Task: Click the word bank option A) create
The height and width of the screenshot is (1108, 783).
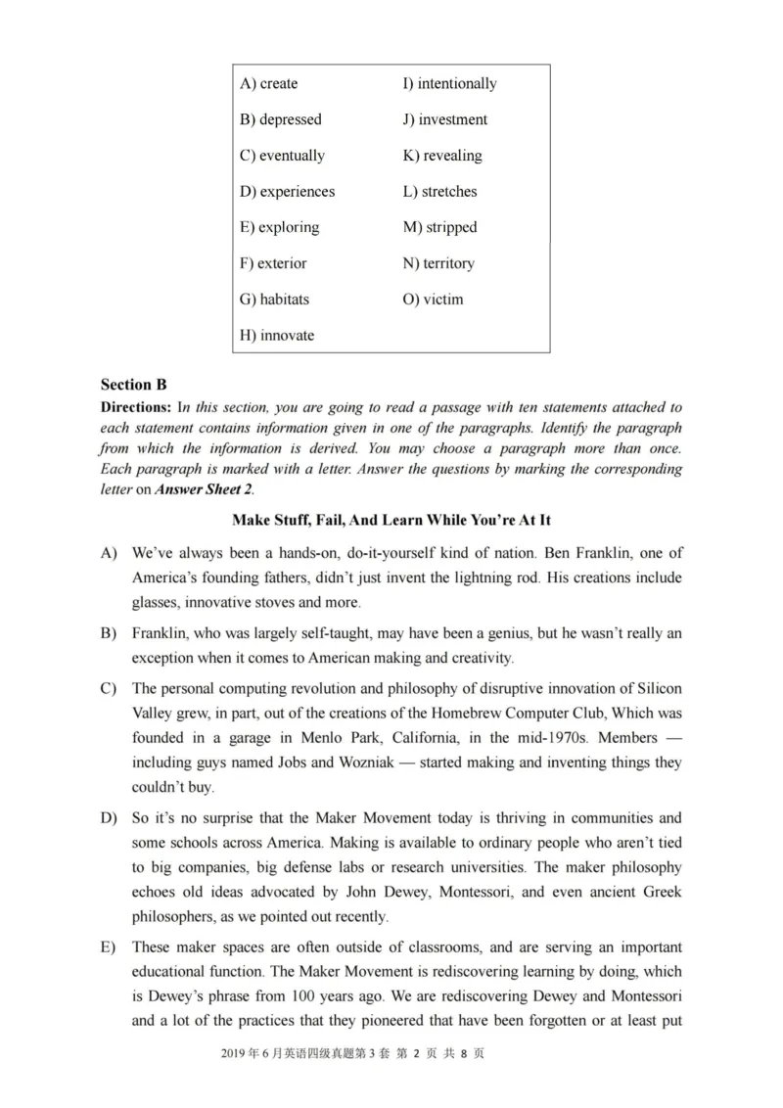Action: pos(268,84)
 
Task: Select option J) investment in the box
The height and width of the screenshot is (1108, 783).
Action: pos(444,119)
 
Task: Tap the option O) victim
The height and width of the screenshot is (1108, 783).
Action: pos(433,300)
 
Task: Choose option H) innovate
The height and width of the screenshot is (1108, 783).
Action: pos(277,336)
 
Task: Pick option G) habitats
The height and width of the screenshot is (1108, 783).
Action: pos(274,300)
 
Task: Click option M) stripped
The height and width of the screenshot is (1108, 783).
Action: pos(439,227)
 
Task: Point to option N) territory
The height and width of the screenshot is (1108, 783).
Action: pos(438,263)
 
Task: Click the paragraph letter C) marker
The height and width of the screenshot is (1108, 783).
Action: pos(108,688)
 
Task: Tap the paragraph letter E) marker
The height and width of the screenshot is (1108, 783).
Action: pos(108,947)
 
